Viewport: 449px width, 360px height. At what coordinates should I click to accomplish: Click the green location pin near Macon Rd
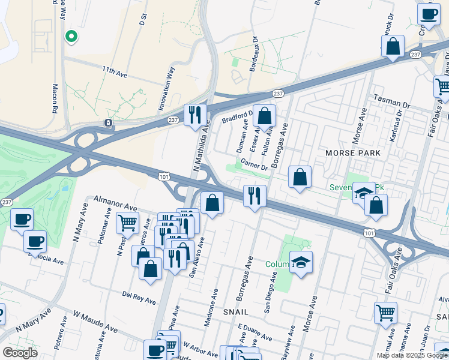[71, 37]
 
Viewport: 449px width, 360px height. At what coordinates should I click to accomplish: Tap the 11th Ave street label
[115, 73]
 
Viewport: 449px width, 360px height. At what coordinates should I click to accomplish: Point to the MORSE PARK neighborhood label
[353, 153]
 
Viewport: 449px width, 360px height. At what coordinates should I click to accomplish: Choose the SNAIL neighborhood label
[237, 313]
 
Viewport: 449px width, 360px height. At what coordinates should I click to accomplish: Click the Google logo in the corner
[20, 353]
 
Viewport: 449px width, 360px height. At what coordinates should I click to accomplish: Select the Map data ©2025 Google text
[412, 355]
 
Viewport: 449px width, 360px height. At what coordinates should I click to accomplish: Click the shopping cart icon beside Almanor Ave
[127, 223]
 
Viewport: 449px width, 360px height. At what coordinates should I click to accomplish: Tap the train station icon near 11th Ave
[108, 123]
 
